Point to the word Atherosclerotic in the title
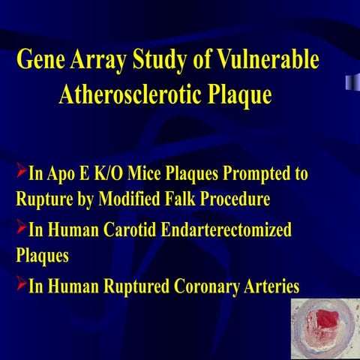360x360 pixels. [124, 97]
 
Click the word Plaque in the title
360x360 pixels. [235, 97]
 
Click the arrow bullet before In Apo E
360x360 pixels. [21, 173]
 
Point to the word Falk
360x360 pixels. [175, 201]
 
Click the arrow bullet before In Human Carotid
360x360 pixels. [21, 228]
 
